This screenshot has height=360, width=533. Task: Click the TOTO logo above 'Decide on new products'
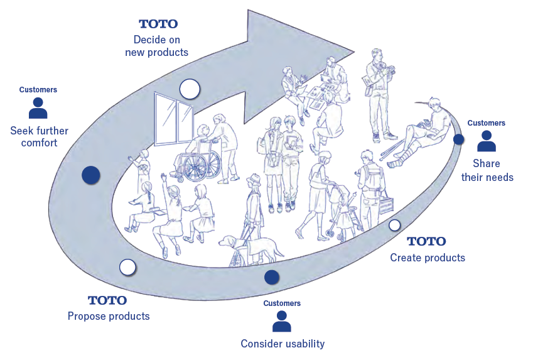coord(158,24)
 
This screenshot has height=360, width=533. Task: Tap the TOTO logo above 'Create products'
coord(426,241)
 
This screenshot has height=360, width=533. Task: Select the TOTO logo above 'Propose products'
coord(107,300)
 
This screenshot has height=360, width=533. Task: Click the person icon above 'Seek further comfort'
coord(38,108)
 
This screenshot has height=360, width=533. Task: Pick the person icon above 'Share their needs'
coord(487,141)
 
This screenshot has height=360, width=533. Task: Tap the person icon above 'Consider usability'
coord(282,321)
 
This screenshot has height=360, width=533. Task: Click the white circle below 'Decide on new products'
coord(189,89)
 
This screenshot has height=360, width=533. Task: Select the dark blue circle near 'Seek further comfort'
coord(91,175)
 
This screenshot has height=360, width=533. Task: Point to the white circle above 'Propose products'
coord(127,267)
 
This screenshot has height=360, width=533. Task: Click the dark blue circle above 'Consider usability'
coord(272,276)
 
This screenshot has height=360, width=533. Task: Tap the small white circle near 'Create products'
coord(395,225)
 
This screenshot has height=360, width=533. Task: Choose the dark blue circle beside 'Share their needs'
coord(459,139)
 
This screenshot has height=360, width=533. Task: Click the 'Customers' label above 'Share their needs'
coord(486,123)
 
